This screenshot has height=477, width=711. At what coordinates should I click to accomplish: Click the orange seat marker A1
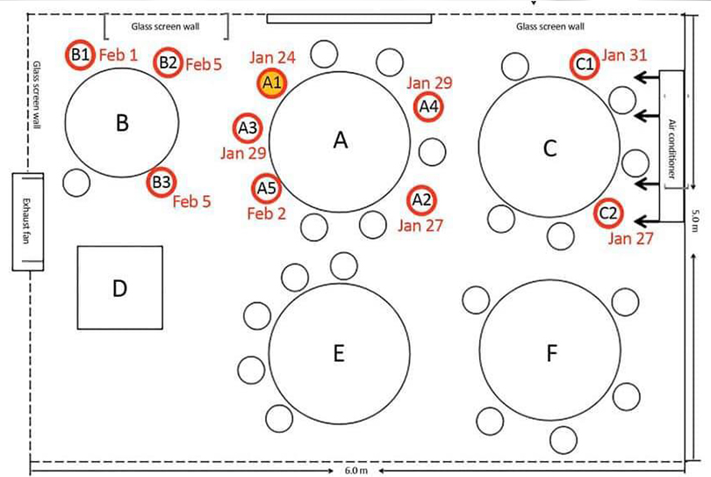(x=272, y=83)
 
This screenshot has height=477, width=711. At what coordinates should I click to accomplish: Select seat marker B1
(x=80, y=55)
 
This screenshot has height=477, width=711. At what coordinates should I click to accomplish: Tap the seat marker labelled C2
(x=608, y=213)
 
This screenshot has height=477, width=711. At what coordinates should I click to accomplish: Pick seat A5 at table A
(x=267, y=188)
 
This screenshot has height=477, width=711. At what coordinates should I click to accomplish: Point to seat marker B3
(x=162, y=182)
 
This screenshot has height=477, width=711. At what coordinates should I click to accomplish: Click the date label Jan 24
(x=272, y=58)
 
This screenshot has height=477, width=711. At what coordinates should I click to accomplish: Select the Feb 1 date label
(x=118, y=55)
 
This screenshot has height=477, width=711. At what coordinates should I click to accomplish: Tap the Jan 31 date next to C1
(x=624, y=55)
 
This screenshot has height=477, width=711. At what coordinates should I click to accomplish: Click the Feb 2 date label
(x=267, y=213)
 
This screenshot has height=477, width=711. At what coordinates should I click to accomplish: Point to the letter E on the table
(x=339, y=353)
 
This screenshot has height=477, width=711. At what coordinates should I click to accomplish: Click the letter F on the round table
(x=551, y=353)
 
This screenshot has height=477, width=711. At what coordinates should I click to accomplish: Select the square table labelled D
(x=119, y=288)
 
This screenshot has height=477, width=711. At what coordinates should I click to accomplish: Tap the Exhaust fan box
(x=28, y=222)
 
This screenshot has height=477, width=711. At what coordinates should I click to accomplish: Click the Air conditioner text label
(x=671, y=148)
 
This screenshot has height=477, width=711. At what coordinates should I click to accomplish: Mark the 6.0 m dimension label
(x=356, y=470)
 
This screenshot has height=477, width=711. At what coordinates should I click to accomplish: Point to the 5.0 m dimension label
(x=695, y=220)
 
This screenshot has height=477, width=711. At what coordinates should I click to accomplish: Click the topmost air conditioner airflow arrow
(x=647, y=77)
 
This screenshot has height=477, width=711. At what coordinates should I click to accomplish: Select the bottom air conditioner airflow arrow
(x=647, y=221)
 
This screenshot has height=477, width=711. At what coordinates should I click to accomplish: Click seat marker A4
(x=428, y=106)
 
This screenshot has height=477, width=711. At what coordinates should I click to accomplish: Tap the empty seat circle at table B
(x=76, y=183)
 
